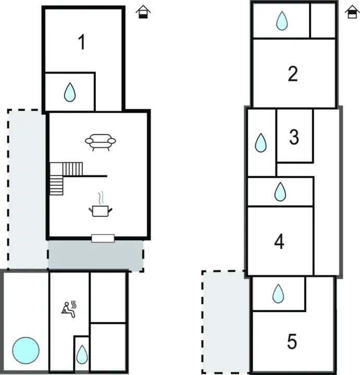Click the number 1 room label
pyautogui.click(x=81, y=43)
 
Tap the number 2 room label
pyautogui.click(x=293, y=74)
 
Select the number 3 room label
pyautogui.click(x=294, y=137)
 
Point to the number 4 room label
pyautogui.click(x=280, y=242)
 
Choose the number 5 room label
pyautogui.click(x=292, y=342)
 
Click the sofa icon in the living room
pyautogui.click(x=101, y=142)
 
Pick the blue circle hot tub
pyautogui.click(x=26, y=349)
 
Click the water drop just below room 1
pyautogui.click(x=70, y=93)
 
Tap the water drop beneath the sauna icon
pyautogui.click(x=82, y=355)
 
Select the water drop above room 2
pyautogui.click(x=282, y=21)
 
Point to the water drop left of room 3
pyautogui.click(x=261, y=142)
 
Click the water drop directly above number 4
pyautogui.click(x=280, y=192)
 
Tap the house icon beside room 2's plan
pyautogui.click(x=351, y=13)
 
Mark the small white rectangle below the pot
pyautogui.click(x=103, y=238)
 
